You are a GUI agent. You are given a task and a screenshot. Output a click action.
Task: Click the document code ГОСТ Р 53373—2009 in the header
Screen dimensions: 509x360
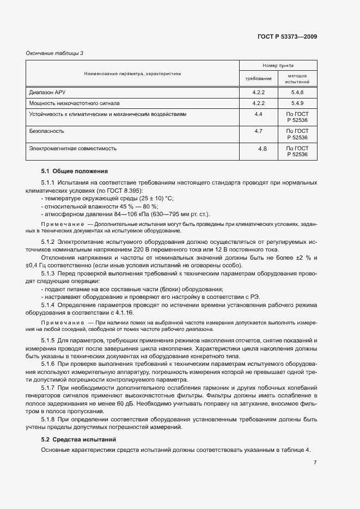click(286, 36)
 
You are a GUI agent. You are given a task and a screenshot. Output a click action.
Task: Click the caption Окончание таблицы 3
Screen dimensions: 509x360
click(55, 53)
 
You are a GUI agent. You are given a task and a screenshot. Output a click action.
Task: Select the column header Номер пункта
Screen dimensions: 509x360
click(278, 64)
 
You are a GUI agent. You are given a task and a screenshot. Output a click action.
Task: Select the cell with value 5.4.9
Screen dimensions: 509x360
click(297, 102)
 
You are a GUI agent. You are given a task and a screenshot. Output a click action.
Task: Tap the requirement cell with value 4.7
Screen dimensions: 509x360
click(259, 131)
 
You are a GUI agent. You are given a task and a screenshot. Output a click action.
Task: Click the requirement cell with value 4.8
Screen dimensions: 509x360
click(262, 148)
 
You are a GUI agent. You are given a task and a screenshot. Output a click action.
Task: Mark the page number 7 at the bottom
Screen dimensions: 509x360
click(315, 462)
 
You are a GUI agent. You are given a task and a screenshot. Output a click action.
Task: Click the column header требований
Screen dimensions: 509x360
click(259, 78)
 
